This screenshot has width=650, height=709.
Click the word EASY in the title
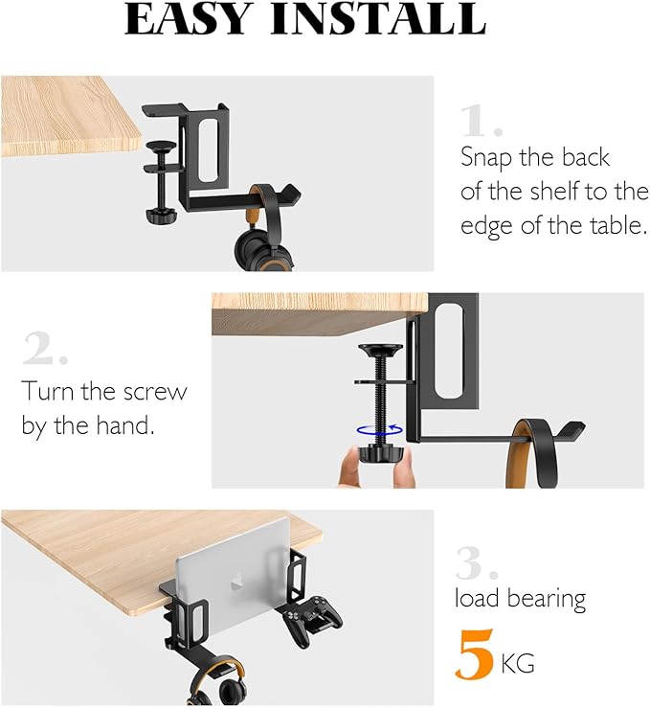(x=187, y=19)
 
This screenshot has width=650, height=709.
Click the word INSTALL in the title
(x=377, y=19)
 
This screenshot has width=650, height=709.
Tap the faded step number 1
(x=482, y=121)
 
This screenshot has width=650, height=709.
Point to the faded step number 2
(x=45, y=348)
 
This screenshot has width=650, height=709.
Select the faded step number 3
(x=477, y=563)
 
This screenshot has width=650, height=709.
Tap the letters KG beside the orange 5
(x=518, y=664)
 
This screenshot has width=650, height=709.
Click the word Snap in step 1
(x=485, y=159)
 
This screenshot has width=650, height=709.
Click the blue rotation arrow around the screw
(x=379, y=430)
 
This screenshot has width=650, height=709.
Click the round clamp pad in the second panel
(x=380, y=350)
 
